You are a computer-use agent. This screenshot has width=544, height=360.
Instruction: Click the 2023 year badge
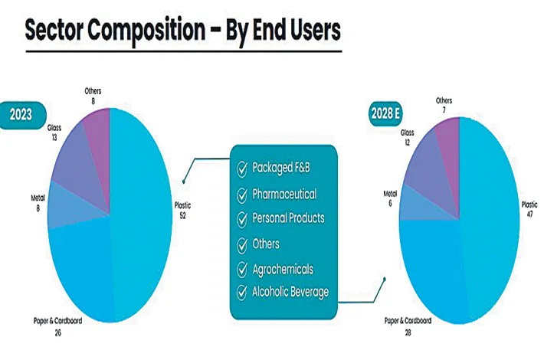pos(21,115)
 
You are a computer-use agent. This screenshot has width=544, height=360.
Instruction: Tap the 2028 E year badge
pos(385,113)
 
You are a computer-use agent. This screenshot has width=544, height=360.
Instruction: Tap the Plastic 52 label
pos(182,210)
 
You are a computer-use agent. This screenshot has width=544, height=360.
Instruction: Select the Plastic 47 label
pos(529,209)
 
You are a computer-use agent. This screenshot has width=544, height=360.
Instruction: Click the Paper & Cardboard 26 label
pos(57,326)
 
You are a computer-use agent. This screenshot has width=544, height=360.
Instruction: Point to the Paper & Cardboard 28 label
pos(408,326)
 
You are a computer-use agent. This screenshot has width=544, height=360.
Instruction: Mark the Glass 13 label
pos(54,133)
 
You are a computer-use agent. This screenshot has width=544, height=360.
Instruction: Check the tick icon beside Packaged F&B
pos(242,169)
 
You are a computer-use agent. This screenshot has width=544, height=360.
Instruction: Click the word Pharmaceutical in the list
pos(284,195)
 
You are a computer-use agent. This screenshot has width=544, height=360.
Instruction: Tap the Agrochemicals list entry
pos(283,269)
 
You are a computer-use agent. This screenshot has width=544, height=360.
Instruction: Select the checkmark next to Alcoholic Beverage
pos(242,293)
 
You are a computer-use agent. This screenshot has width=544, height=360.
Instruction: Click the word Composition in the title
pos(146,30)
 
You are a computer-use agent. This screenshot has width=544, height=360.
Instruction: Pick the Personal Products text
pos(288,218)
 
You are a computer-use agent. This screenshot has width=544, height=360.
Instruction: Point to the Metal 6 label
pos(390,198)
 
